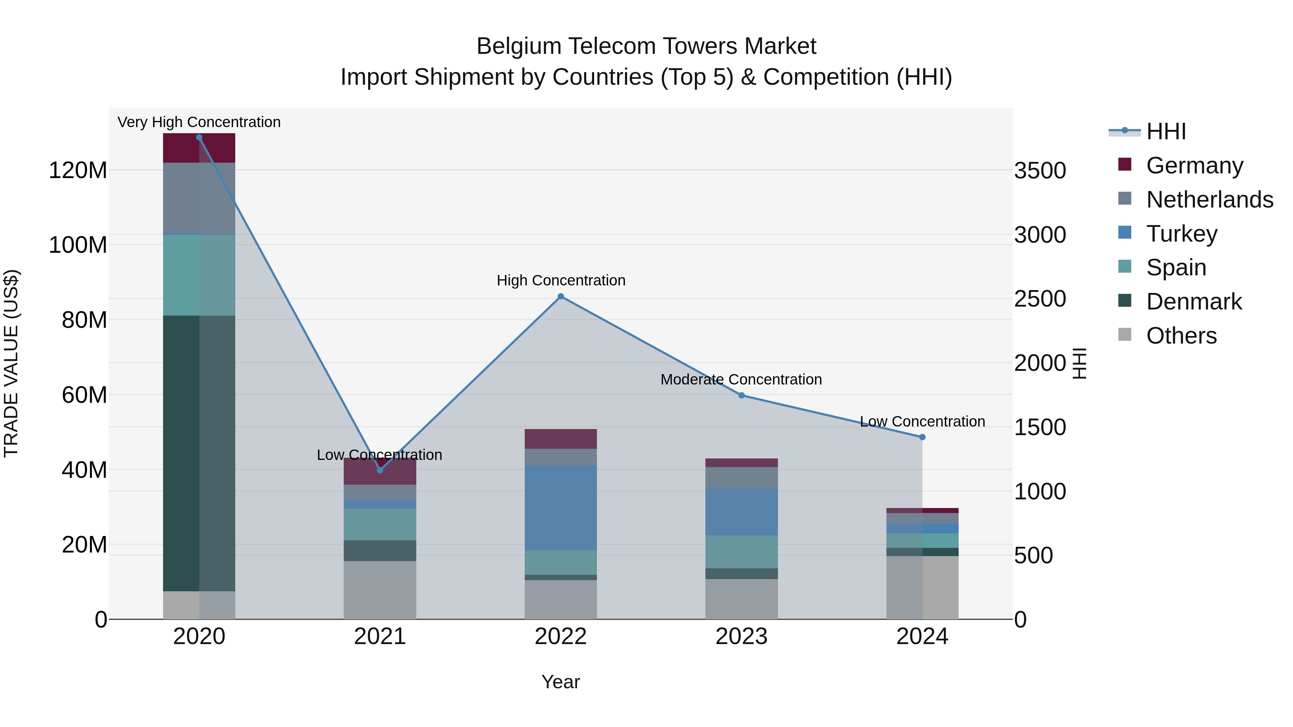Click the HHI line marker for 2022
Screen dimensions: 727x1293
click(x=561, y=297)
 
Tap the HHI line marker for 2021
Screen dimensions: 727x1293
click(x=380, y=470)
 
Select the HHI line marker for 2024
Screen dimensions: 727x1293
click(x=922, y=437)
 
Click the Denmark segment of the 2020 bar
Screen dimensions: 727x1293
click(x=199, y=453)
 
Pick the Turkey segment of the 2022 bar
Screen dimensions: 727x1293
click(x=561, y=507)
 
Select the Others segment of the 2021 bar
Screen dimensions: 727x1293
click(x=380, y=589)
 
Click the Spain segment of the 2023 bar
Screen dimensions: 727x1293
click(x=741, y=551)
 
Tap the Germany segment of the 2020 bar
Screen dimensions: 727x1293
click(x=199, y=148)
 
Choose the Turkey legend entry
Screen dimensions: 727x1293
click(x=1182, y=233)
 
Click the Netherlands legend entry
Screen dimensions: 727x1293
click(x=1209, y=199)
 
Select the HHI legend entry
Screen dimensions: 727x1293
click(x=1165, y=131)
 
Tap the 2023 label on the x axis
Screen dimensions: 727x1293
click(x=741, y=637)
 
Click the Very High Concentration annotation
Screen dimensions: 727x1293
click(x=199, y=122)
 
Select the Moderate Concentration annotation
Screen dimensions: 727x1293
click(x=741, y=379)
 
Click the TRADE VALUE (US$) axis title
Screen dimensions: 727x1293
click(x=11, y=363)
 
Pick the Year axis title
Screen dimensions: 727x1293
click(x=561, y=682)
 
